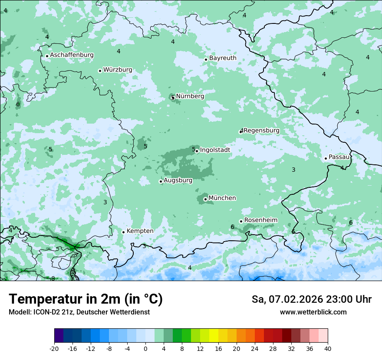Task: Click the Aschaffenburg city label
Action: [x=72, y=55]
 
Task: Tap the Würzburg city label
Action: [x=118, y=70]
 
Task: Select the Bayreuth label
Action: [x=223, y=58]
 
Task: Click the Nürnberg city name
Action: [x=190, y=96]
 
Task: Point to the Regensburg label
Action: [x=262, y=131]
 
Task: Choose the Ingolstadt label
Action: [x=215, y=150]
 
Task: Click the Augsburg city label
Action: [x=178, y=180]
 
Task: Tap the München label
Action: [x=222, y=198]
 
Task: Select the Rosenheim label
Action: [x=260, y=220]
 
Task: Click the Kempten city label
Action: [x=140, y=231]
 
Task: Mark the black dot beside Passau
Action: [x=326, y=158]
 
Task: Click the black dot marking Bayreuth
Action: [x=206, y=59]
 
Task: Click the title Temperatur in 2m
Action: [x=86, y=299]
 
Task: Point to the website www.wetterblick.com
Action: [x=313, y=312]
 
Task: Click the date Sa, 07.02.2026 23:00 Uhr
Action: [x=311, y=299]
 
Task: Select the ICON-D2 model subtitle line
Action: [x=79, y=312]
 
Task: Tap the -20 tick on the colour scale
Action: [x=54, y=349]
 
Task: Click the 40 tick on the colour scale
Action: [x=327, y=349]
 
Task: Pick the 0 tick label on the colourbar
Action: [x=145, y=349]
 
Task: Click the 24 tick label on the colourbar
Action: [x=255, y=349]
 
